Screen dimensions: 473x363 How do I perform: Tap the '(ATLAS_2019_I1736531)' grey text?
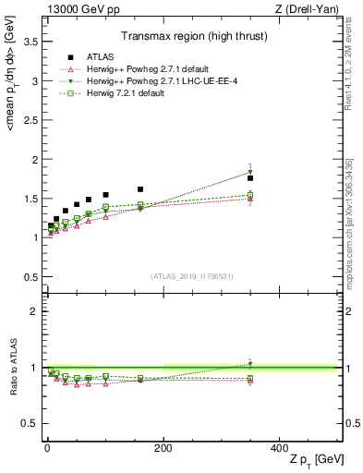pos(192,275)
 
